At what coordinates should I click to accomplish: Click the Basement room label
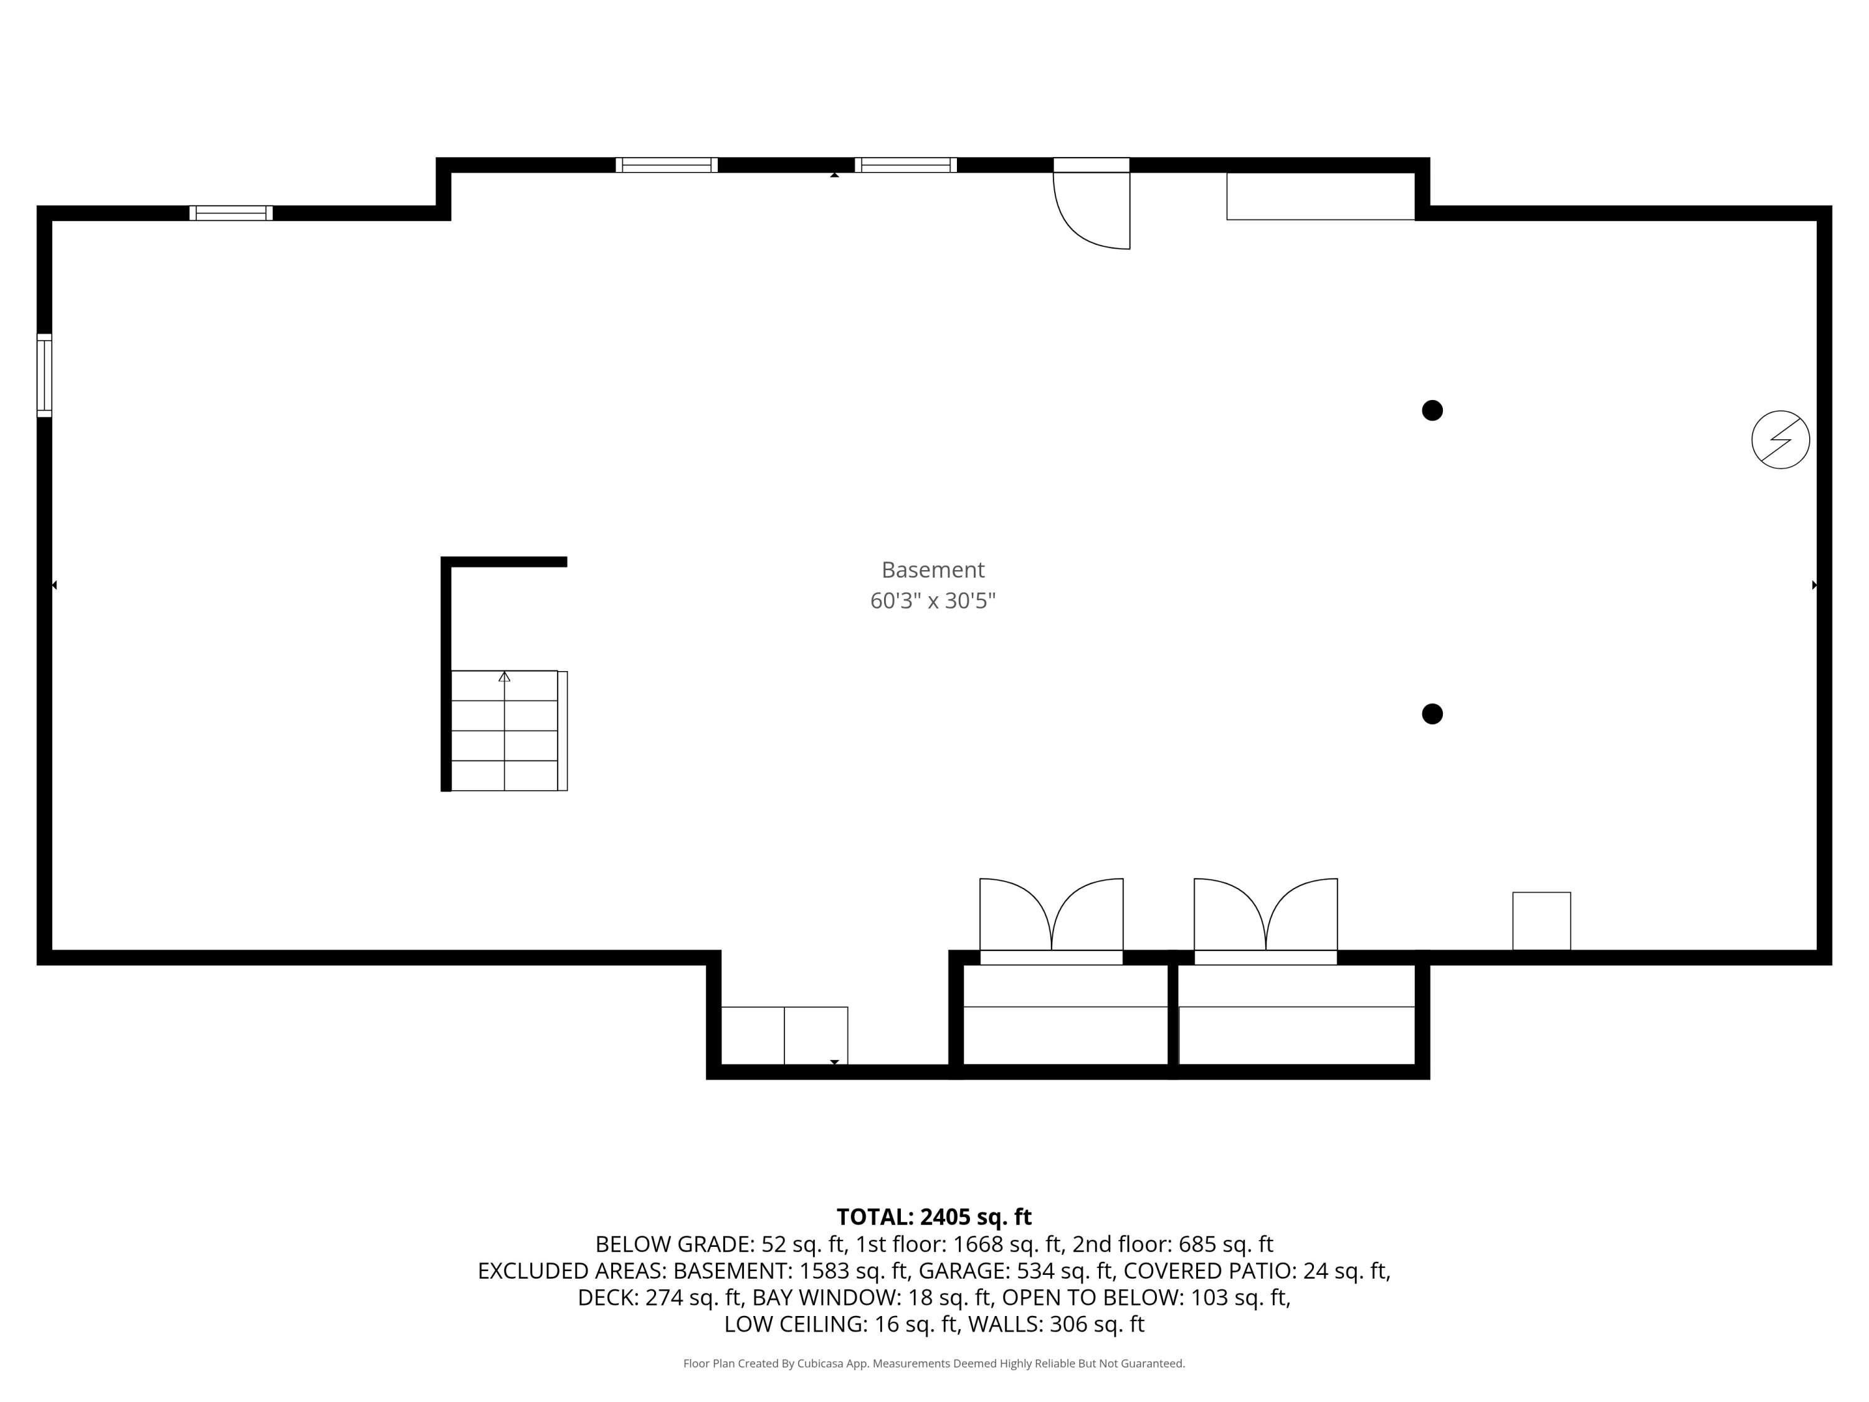(933, 570)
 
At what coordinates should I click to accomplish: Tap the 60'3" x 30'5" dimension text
(933, 601)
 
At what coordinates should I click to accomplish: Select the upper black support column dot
(1432, 411)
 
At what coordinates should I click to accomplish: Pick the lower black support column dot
(1432, 714)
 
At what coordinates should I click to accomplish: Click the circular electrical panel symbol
(1781, 439)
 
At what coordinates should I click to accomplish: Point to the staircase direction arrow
(505, 677)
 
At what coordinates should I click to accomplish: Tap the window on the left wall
(45, 375)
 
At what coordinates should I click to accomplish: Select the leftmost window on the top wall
(231, 213)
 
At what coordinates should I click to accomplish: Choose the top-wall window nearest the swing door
(906, 165)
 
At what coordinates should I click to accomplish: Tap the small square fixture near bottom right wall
(1541, 921)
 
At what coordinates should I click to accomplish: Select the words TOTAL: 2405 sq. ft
(934, 1217)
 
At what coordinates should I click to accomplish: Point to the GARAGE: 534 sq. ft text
(1015, 1271)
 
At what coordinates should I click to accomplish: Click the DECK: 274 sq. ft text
(659, 1297)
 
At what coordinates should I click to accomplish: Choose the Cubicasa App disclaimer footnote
(934, 1363)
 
